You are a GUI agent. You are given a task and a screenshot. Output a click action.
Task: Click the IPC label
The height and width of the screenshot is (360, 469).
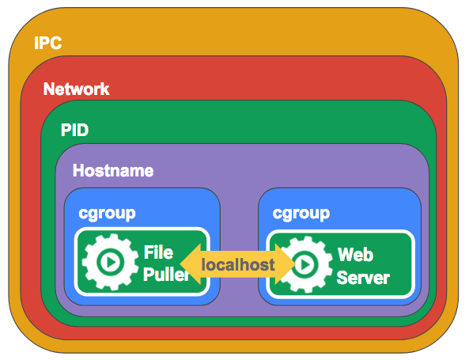(x=48, y=43)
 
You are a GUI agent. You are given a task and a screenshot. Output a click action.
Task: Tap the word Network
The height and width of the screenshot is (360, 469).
(x=76, y=89)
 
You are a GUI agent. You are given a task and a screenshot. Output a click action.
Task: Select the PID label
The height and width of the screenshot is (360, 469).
(x=74, y=131)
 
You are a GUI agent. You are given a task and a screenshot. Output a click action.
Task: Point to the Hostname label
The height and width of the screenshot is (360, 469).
(x=113, y=171)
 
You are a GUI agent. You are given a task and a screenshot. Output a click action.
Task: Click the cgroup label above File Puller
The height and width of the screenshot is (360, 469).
(x=107, y=214)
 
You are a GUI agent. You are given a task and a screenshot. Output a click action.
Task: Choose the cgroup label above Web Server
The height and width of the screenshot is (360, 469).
(x=301, y=214)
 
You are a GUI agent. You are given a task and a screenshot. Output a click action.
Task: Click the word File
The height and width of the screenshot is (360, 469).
(x=158, y=252)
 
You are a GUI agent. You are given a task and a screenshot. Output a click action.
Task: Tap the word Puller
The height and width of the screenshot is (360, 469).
(x=166, y=274)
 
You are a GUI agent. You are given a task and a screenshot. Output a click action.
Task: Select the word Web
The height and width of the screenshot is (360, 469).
(x=355, y=255)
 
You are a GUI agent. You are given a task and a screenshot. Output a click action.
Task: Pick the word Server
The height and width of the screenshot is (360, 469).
(x=363, y=278)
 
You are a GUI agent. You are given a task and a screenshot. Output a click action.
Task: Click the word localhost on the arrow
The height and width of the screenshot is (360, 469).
(x=238, y=264)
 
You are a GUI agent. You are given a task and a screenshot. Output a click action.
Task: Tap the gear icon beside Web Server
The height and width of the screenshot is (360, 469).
(x=304, y=264)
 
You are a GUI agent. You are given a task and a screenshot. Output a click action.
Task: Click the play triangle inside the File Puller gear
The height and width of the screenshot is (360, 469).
(x=112, y=263)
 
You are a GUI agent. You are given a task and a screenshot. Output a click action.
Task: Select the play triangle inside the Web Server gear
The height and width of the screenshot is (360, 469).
(x=306, y=264)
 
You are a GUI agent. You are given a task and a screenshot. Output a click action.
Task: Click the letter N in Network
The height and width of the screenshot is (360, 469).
(x=49, y=89)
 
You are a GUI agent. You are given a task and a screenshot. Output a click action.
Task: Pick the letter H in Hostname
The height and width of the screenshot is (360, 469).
(x=79, y=171)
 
